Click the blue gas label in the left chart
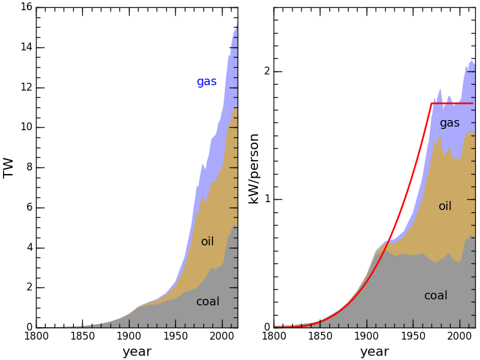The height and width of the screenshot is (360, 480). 206,82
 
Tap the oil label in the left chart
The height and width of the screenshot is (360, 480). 208,242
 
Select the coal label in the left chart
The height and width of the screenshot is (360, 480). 208,302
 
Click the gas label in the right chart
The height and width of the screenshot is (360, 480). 449,123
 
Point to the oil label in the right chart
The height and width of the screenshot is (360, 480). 445,206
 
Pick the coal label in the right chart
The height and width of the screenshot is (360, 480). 436,296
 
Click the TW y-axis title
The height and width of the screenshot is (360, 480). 8,167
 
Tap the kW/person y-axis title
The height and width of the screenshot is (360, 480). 254,169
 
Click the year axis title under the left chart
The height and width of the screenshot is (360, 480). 137,352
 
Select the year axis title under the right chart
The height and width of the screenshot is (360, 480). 374,352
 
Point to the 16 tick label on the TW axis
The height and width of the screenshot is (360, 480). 26,8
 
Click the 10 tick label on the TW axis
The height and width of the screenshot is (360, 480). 26,128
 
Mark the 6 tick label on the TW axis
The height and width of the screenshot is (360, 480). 29,208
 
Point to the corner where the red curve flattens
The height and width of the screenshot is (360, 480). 431,103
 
